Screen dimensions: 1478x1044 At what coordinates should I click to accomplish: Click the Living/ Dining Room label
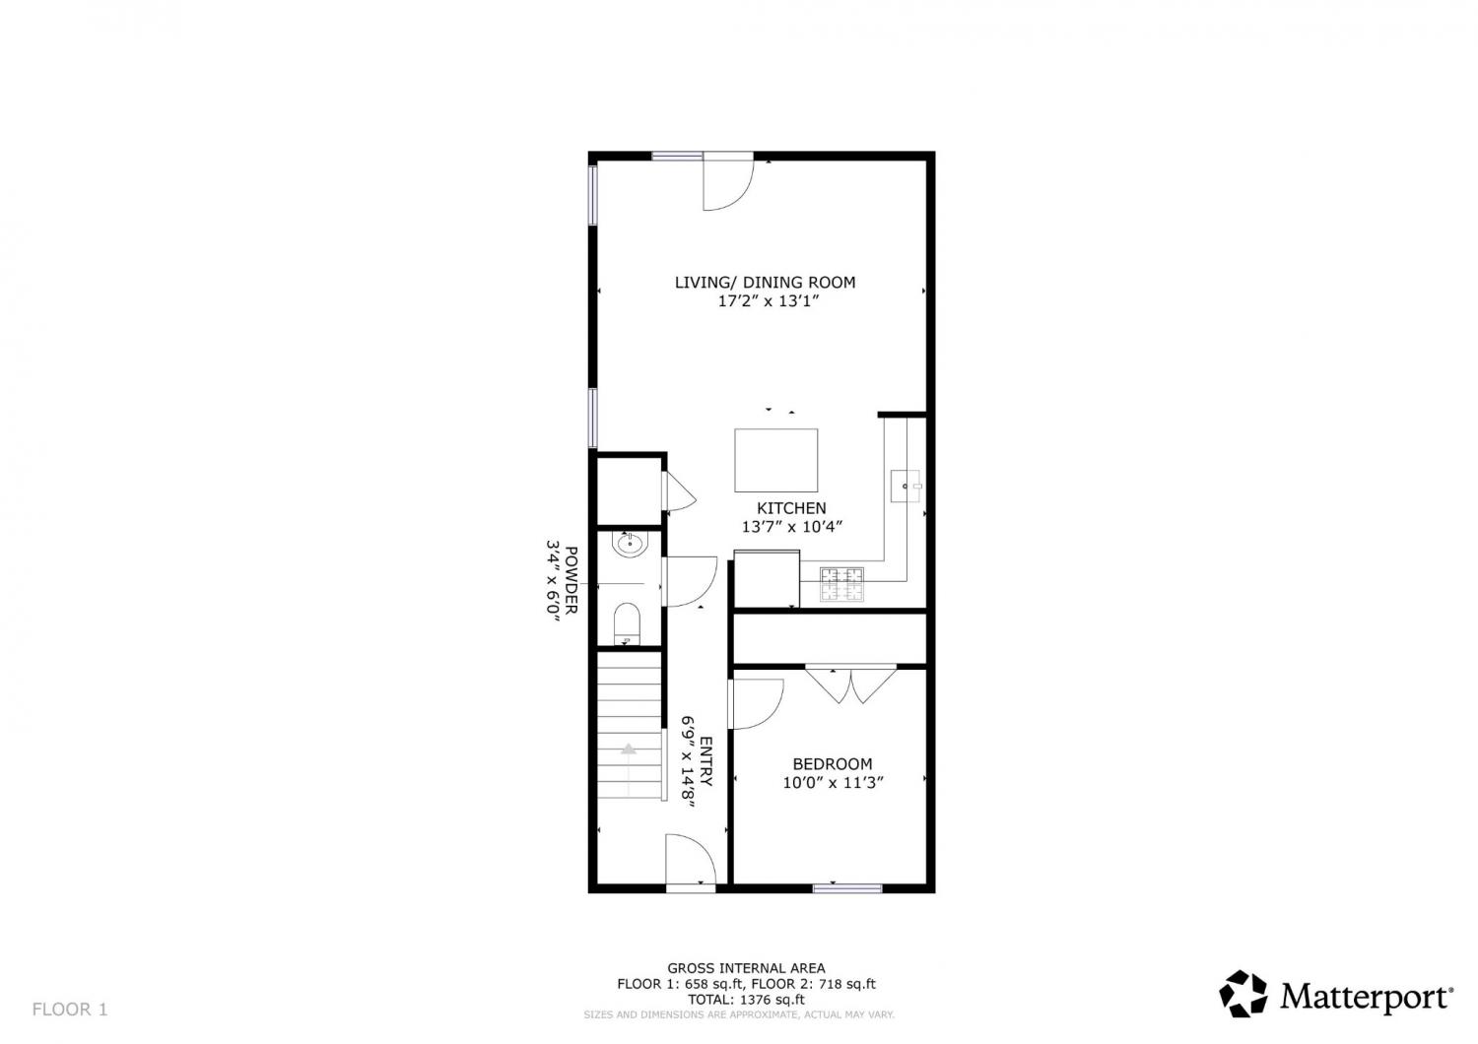[x=765, y=283]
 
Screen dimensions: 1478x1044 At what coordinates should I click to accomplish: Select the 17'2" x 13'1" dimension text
[x=768, y=301]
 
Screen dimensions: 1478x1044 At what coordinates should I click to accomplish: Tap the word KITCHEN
[x=791, y=508]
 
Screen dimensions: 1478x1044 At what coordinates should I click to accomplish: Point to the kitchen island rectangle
[x=776, y=460]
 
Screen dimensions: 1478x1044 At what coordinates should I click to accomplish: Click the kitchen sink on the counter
[x=906, y=487]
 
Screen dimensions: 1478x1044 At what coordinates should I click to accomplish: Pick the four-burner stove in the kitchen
[x=841, y=584]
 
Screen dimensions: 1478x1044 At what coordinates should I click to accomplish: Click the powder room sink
[x=631, y=544]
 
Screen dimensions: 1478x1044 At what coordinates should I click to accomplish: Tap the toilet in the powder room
[x=627, y=623]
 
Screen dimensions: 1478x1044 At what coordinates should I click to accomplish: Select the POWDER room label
[x=571, y=580]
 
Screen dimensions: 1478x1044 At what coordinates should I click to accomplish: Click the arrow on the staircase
[x=629, y=749]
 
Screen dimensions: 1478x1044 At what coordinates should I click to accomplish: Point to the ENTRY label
[x=705, y=761]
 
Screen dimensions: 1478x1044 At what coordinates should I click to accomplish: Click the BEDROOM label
[x=832, y=763]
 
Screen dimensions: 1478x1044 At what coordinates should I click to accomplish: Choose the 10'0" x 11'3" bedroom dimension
[x=833, y=783]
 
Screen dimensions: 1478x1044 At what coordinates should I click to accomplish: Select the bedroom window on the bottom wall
[x=847, y=888]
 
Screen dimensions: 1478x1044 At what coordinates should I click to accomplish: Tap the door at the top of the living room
[x=728, y=182]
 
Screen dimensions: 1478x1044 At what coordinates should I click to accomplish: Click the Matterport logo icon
[x=1243, y=993]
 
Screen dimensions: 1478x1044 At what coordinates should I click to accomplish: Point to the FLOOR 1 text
[x=70, y=1010]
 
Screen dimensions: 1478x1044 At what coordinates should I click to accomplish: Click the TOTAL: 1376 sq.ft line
[x=746, y=1000]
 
